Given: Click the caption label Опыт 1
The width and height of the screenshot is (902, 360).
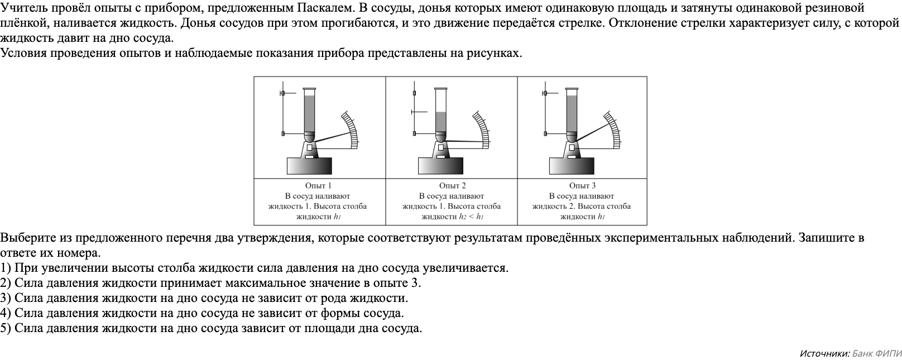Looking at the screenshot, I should pyautogui.click(x=319, y=186).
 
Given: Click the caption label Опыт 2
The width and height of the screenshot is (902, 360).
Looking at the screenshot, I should pyautogui.click(x=452, y=186).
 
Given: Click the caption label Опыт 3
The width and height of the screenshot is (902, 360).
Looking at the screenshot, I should pyautogui.click(x=582, y=186).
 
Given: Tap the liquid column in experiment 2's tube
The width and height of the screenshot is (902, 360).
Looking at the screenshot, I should pyautogui.click(x=441, y=122).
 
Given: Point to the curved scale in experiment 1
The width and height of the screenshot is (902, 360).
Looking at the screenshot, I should pyautogui.click(x=351, y=130).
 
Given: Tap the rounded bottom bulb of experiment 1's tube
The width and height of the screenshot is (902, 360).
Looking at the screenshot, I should pyautogui.click(x=309, y=136).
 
